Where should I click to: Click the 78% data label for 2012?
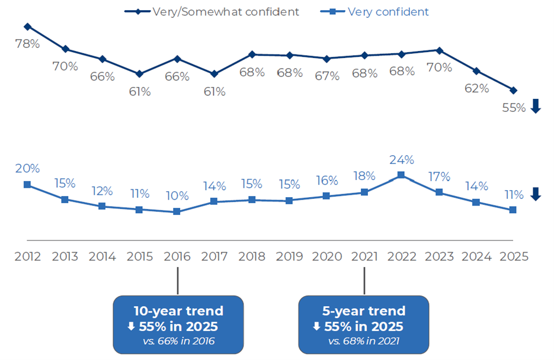[x=28, y=44]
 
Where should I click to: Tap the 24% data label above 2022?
[x=402, y=159]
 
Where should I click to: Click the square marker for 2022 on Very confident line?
[x=401, y=175]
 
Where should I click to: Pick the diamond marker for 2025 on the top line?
[x=513, y=90]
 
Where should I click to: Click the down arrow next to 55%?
[x=536, y=107]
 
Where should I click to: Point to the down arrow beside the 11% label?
[x=536, y=194]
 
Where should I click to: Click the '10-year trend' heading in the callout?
[x=178, y=311]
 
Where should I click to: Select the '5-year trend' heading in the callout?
[x=364, y=311]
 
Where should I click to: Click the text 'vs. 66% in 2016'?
[x=178, y=340]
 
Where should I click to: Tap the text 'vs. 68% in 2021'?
[x=364, y=340]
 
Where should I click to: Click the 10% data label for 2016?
[x=177, y=196]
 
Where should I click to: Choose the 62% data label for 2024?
[x=476, y=88]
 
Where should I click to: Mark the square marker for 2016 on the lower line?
[x=177, y=211]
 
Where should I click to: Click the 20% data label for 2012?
[x=28, y=169]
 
